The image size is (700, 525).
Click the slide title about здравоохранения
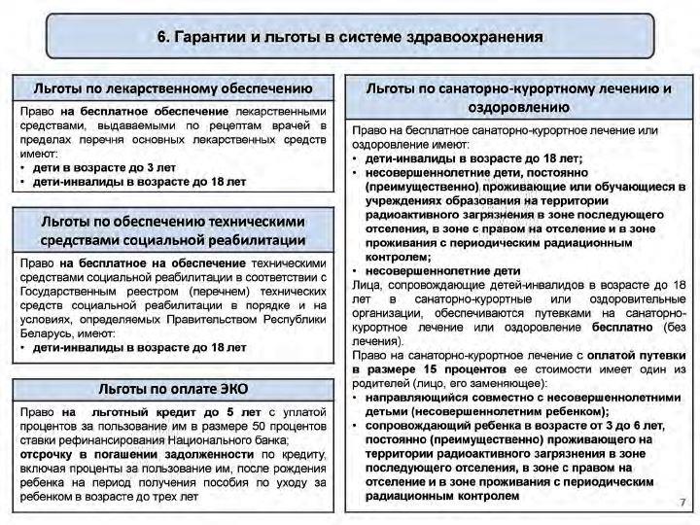click(350, 37)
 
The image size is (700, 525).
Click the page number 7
click(682, 501)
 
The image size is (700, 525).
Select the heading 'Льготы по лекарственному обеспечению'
click(173, 88)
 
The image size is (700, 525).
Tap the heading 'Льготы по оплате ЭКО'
click(173, 389)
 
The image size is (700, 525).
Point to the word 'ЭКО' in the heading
click(229, 389)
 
